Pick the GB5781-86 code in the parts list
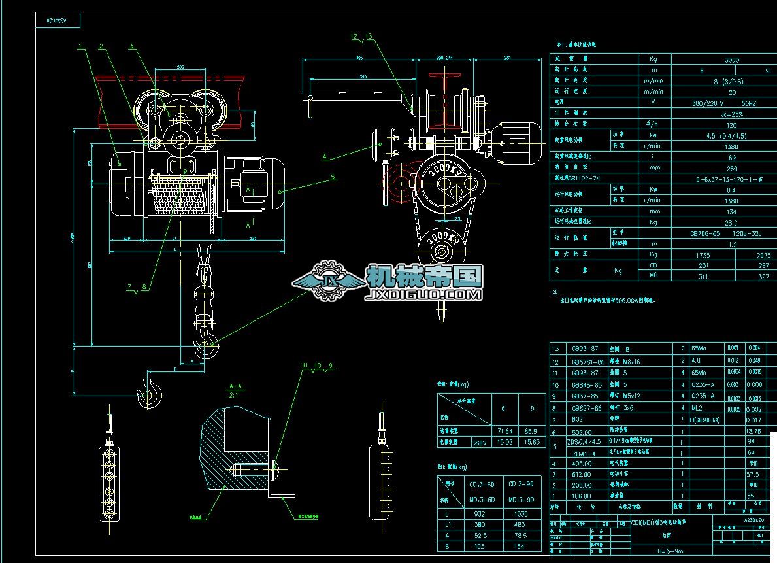[589, 361]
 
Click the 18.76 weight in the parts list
[753, 432]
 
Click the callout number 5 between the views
[333, 177]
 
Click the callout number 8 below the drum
[144, 286]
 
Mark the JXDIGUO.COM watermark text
[425, 296]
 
